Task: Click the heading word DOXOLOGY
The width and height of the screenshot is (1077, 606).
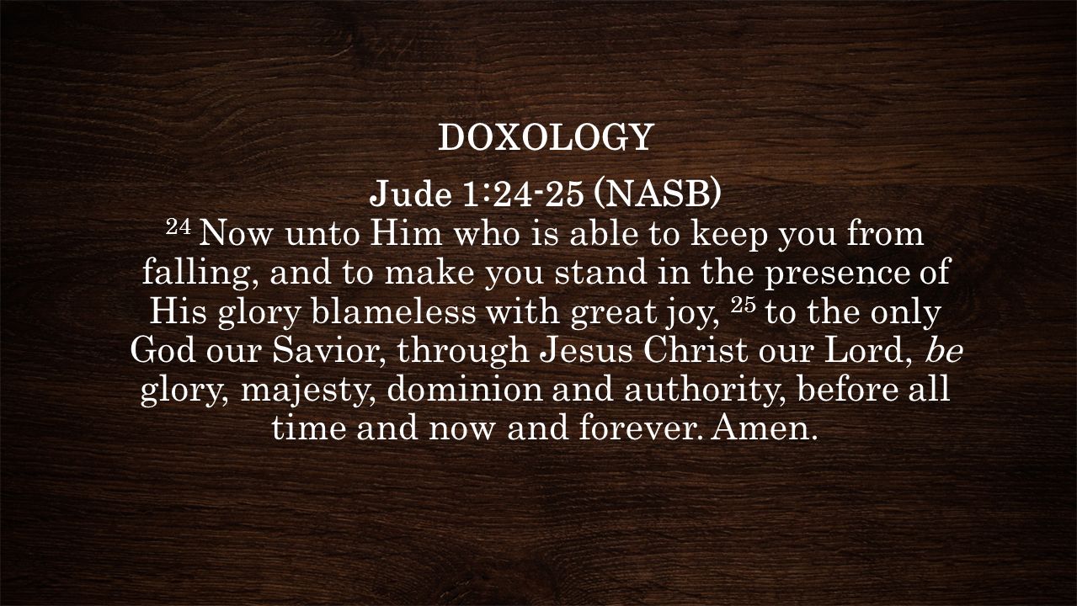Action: coord(546,137)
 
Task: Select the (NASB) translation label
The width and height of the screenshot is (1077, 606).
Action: coord(658,194)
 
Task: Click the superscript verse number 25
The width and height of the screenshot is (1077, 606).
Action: coord(743,305)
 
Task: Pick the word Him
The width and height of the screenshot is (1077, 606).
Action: coord(406,233)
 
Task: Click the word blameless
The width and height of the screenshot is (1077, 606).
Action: coord(394,311)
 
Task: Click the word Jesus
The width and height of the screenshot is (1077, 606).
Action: coord(586,351)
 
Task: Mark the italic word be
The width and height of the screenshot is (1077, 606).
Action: coord(944,351)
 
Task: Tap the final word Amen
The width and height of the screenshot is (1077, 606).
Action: coord(765,428)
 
